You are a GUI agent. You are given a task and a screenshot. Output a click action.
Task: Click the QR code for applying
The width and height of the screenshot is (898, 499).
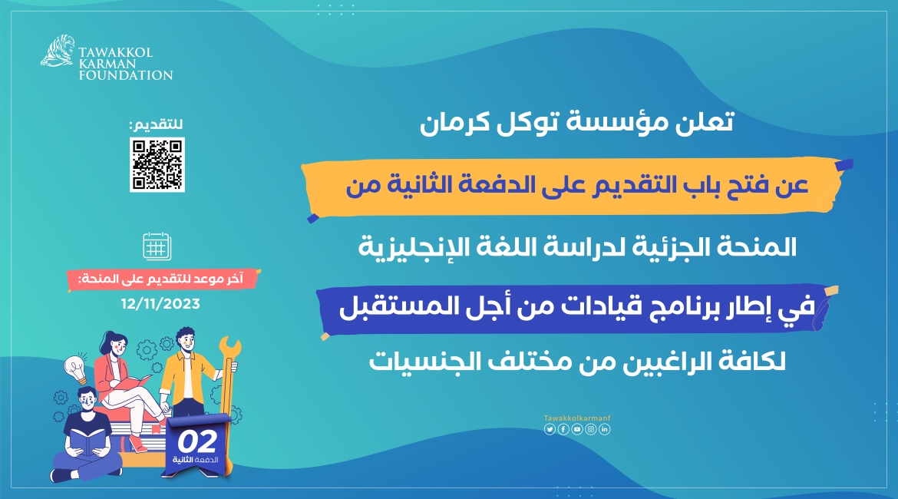point(157,164)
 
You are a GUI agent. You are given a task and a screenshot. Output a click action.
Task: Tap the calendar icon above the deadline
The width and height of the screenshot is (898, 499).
point(157,246)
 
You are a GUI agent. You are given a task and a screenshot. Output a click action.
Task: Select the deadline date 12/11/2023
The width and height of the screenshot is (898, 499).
point(160,303)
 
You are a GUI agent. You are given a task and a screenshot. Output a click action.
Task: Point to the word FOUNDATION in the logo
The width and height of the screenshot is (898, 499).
point(125,75)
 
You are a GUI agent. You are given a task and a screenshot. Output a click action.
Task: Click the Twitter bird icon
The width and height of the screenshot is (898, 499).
point(549,429)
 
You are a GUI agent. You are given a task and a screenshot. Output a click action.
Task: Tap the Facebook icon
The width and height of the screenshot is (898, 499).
point(563,429)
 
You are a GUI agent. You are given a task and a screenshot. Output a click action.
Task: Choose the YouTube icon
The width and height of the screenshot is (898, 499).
point(576,429)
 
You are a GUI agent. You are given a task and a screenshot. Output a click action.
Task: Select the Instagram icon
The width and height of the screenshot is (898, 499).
point(590,429)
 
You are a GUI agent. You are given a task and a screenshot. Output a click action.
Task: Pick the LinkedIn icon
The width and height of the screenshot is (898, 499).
point(605,429)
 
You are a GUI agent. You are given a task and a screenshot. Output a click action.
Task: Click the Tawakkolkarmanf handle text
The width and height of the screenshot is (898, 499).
point(576,418)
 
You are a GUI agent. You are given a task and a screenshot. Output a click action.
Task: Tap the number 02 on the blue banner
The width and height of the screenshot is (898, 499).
point(196,441)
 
